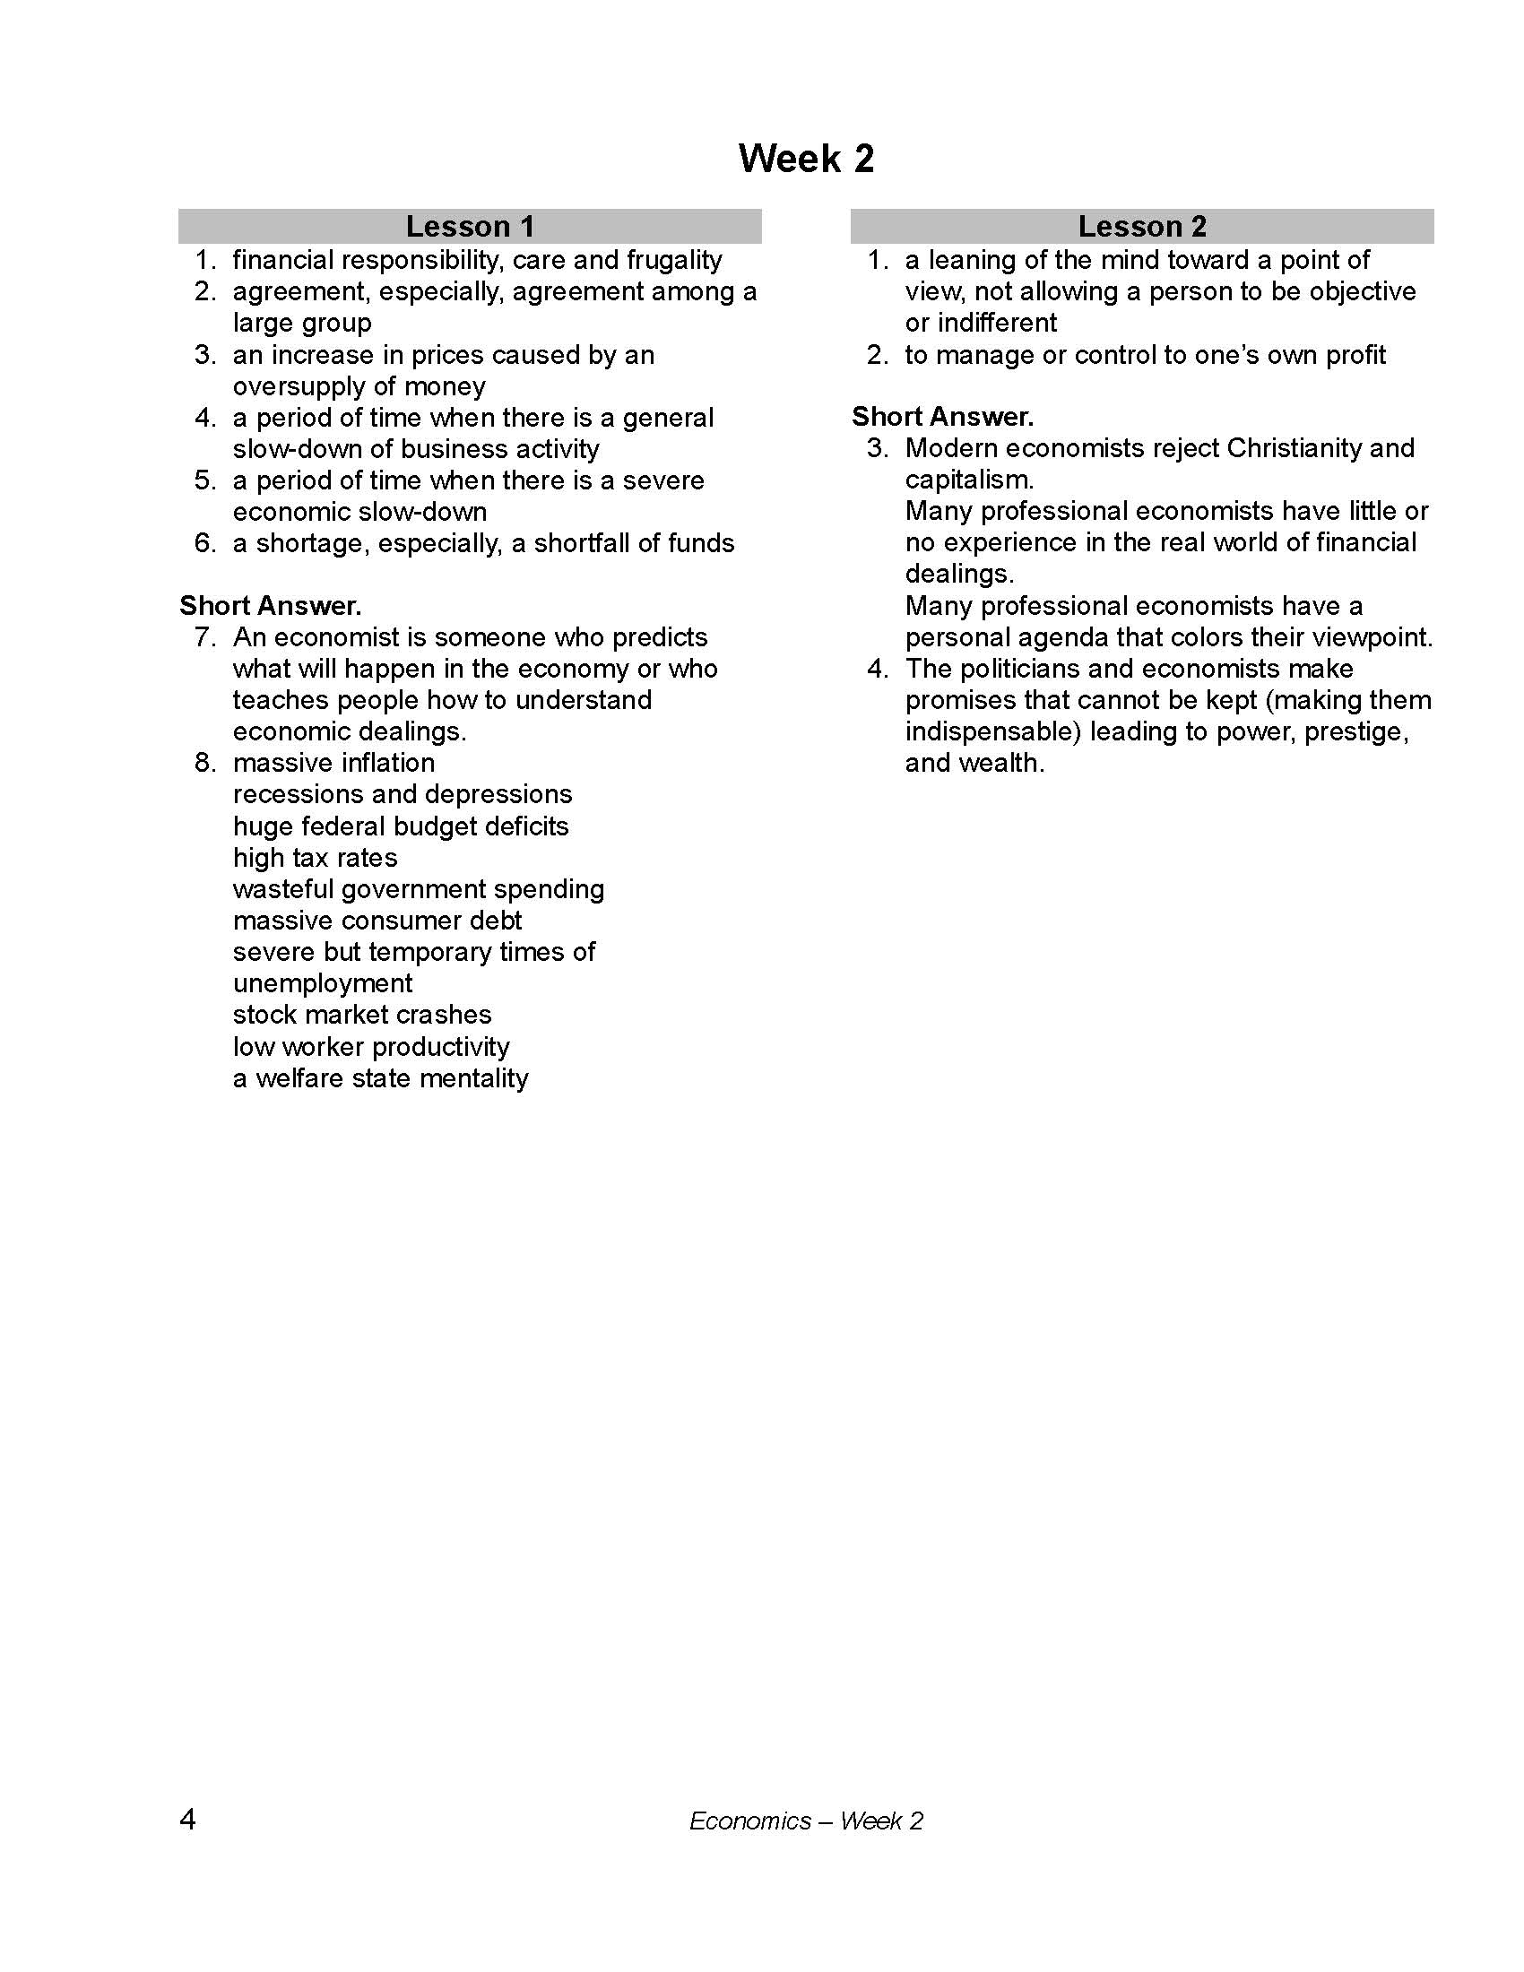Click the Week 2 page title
(x=805, y=159)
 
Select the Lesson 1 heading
(x=470, y=226)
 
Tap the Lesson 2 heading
(x=1142, y=226)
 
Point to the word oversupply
(x=306, y=386)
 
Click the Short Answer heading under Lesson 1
(x=270, y=606)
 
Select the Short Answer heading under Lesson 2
(x=942, y=417)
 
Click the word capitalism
(x=968, y=480)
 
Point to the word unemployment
(x=323, y=983)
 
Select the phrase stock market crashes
(x=362, y=1015)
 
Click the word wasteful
(x=282, y=889)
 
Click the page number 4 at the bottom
(x=187, y=1820)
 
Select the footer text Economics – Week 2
(x=805, y=1821)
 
